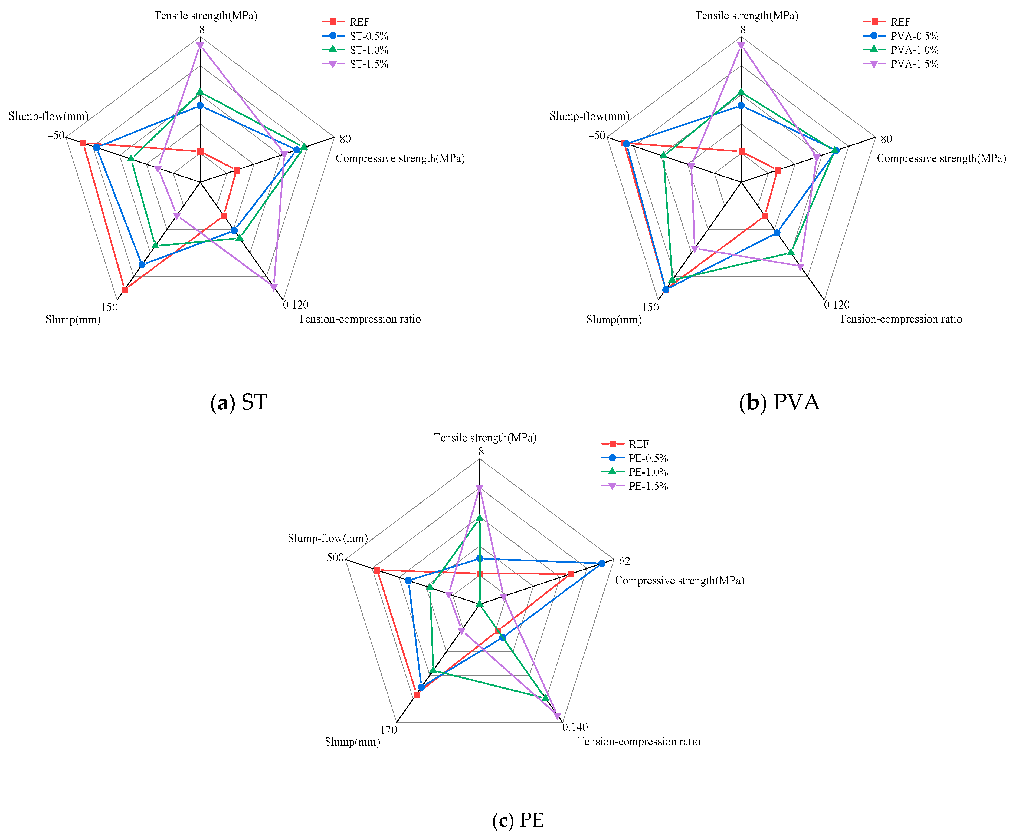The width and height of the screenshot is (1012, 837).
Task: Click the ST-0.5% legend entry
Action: (x=369, y=36)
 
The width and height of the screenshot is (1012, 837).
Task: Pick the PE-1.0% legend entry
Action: (x=648, y=472)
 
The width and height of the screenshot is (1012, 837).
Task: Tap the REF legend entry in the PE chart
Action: (x=638, y=444)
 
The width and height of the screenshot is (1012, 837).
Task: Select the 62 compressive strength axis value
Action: (x=624, y=561)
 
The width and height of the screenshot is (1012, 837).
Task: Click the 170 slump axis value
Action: (x=388, y=730)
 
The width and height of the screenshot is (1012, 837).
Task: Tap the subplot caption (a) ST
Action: (x=239, y=402)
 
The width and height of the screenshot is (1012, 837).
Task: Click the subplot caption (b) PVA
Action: (x=779, y=402)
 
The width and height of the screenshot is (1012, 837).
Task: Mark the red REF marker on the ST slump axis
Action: (x=125, y=290)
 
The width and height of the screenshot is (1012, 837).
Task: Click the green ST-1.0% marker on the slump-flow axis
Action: (x=131, y=158)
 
